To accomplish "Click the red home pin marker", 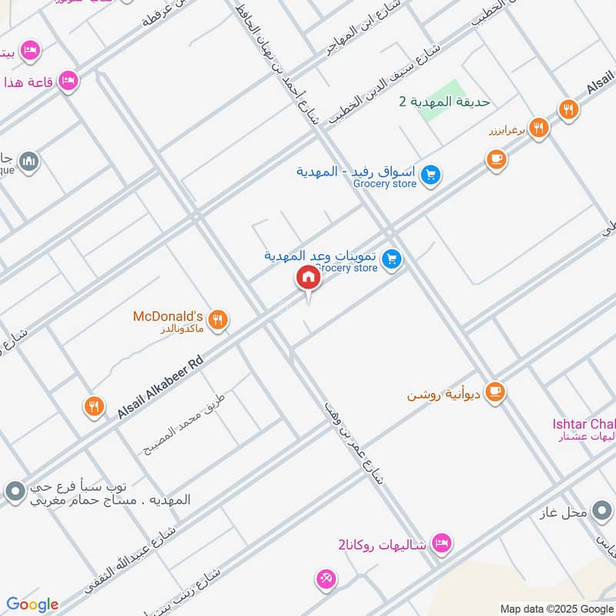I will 308,277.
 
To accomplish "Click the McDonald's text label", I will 167,316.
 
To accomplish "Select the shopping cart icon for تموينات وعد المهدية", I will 393,259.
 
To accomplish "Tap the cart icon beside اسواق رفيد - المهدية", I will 431,176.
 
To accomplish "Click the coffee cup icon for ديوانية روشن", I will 495,392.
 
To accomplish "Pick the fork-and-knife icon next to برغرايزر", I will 539,128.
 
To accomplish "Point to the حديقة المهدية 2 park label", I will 444,102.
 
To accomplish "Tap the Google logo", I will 32,604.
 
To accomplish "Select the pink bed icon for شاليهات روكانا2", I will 440,544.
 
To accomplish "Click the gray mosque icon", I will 29,161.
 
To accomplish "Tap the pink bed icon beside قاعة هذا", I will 68,80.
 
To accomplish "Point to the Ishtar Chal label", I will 584,424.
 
